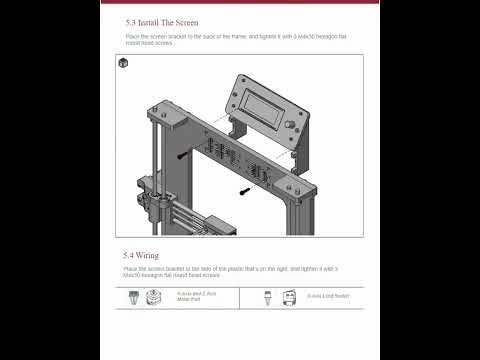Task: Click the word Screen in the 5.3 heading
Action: click(183, 21)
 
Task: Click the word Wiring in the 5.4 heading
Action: click(148, 255)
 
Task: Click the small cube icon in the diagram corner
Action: click(123, 63)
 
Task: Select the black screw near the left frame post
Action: click(182, 156)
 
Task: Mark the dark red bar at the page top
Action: click(240, 2)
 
